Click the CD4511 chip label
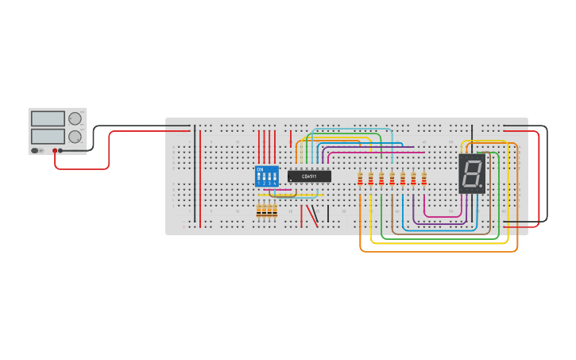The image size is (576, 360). [309, 176]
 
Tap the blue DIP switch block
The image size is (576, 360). [267, 176]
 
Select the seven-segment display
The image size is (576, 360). [472, 173]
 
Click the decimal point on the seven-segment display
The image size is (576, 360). [481, 186]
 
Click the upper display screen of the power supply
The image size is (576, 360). [48, 118]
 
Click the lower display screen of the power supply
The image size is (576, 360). [48, 137]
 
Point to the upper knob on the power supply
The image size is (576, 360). [75, 118]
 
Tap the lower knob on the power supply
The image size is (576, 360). [75, 137]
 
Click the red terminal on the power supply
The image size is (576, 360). [55, 150]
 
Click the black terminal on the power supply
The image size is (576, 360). [60, 150]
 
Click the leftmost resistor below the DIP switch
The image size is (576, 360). [259, 210]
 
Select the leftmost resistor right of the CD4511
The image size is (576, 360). [360, 179]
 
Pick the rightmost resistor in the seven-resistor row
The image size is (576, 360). [424, 179]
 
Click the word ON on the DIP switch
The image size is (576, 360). [260, 169]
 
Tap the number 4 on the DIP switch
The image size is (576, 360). [275, 184]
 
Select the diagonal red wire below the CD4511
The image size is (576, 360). [313, 215]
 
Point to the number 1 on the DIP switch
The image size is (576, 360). [259, 184]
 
